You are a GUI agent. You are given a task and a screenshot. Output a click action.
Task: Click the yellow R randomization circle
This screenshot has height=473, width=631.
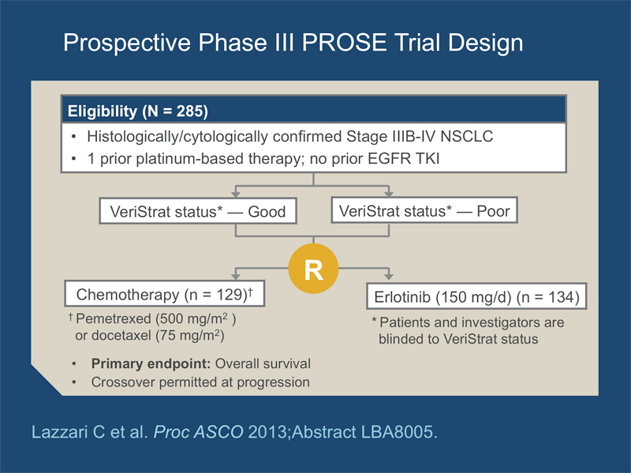point(313,268)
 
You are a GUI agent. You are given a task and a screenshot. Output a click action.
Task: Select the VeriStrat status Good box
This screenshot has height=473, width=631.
point(198,210)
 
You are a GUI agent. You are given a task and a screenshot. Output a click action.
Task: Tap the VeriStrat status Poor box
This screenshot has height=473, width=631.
point(424,210)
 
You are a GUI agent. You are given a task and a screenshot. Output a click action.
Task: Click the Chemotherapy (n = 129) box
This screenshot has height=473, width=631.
point(165,293)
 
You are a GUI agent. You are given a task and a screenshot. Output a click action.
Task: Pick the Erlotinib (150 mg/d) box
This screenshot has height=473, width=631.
point(476,296)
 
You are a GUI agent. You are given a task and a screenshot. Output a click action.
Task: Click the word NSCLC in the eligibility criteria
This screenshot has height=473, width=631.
point(466,136)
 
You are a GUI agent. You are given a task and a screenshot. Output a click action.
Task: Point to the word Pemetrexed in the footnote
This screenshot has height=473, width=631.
point(114,318)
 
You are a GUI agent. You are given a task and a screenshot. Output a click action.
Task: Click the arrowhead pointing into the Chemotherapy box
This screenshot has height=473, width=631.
point(236,277)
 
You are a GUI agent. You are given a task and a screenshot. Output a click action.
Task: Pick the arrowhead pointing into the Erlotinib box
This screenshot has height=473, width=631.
point(389,277)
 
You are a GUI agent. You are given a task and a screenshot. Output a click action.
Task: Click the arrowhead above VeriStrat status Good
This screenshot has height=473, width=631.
point(236,194)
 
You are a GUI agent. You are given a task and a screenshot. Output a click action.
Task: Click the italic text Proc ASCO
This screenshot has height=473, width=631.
point(199,432)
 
